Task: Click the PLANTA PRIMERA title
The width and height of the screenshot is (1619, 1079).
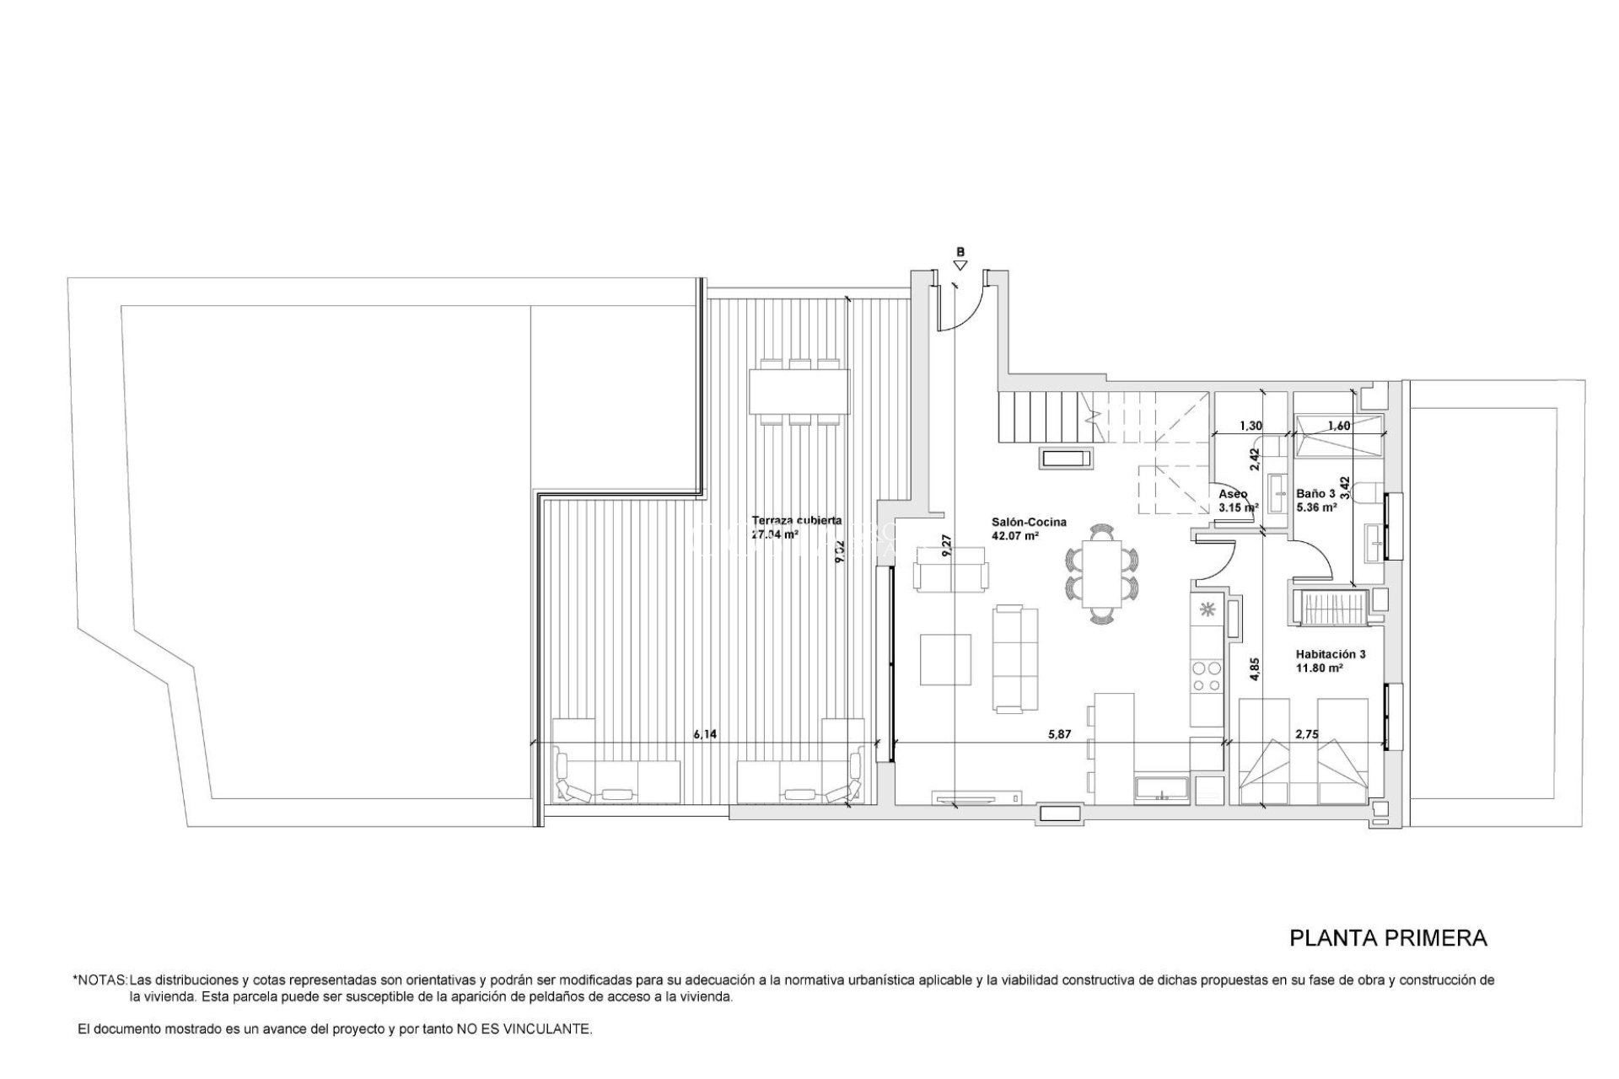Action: point(1388,937)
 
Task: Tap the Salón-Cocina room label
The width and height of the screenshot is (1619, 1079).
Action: point(1029,522)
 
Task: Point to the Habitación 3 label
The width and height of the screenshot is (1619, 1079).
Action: point(1331,653)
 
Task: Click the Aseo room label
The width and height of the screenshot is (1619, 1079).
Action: point(1233,494)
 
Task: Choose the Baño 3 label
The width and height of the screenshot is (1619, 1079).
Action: point(1315,494)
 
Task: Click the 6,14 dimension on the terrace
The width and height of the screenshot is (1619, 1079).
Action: point(705,734)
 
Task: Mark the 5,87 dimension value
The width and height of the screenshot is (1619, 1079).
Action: point(1059,734)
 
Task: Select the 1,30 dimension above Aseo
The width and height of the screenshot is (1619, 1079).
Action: point(1251,426)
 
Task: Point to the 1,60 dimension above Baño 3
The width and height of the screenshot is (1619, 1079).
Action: point(1339,426)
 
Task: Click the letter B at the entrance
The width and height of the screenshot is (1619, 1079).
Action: point(960,251)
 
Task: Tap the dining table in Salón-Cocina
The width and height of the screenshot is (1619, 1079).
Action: point(1100,573)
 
